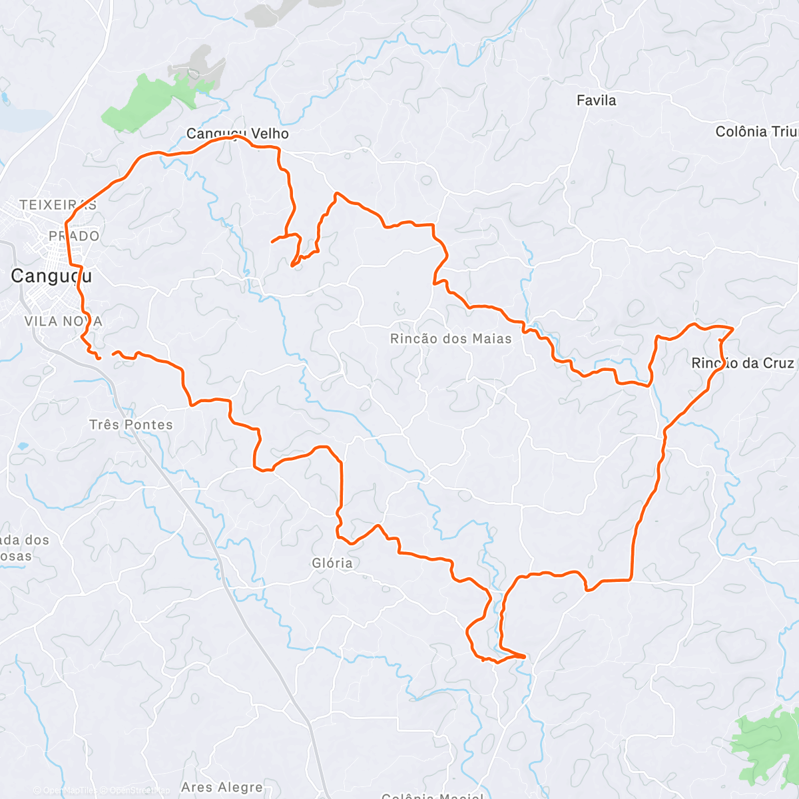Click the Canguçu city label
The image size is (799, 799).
click(51, 276)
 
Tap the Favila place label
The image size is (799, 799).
click(596, 101)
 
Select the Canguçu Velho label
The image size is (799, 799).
click(238, 134)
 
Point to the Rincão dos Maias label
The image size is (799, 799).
click(451, 339)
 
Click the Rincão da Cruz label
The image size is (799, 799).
click(742, 364)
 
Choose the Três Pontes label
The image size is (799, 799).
click(131, 425)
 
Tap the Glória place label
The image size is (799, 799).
click(332, 563)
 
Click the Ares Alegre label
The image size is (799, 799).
click(222, 788)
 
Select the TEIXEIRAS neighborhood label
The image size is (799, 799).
click(58, 205)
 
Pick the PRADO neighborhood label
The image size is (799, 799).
click(74, 236)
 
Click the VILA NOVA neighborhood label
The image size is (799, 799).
click(63, 322)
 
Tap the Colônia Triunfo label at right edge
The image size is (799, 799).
click(756, 132)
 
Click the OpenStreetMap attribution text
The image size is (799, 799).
click(140, 791)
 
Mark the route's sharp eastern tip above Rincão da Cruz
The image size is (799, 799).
click(733, 328)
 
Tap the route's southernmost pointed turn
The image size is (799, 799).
click(525, 657)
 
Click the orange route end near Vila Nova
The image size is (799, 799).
click(99, 358)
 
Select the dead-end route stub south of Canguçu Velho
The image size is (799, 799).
click(272, 241)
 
